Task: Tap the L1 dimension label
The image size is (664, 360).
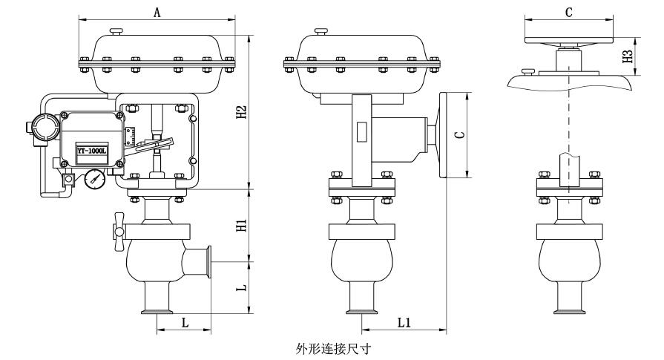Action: [x=404, y=324]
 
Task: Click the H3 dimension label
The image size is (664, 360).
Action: [x=629, y=56]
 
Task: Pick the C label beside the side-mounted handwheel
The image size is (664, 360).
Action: [x=459, y=136]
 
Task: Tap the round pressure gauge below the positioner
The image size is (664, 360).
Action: [x=95, y=179]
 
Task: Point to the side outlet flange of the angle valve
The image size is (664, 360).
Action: [x=210, y=261]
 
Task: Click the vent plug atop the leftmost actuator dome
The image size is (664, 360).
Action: [x=114, y=31]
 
